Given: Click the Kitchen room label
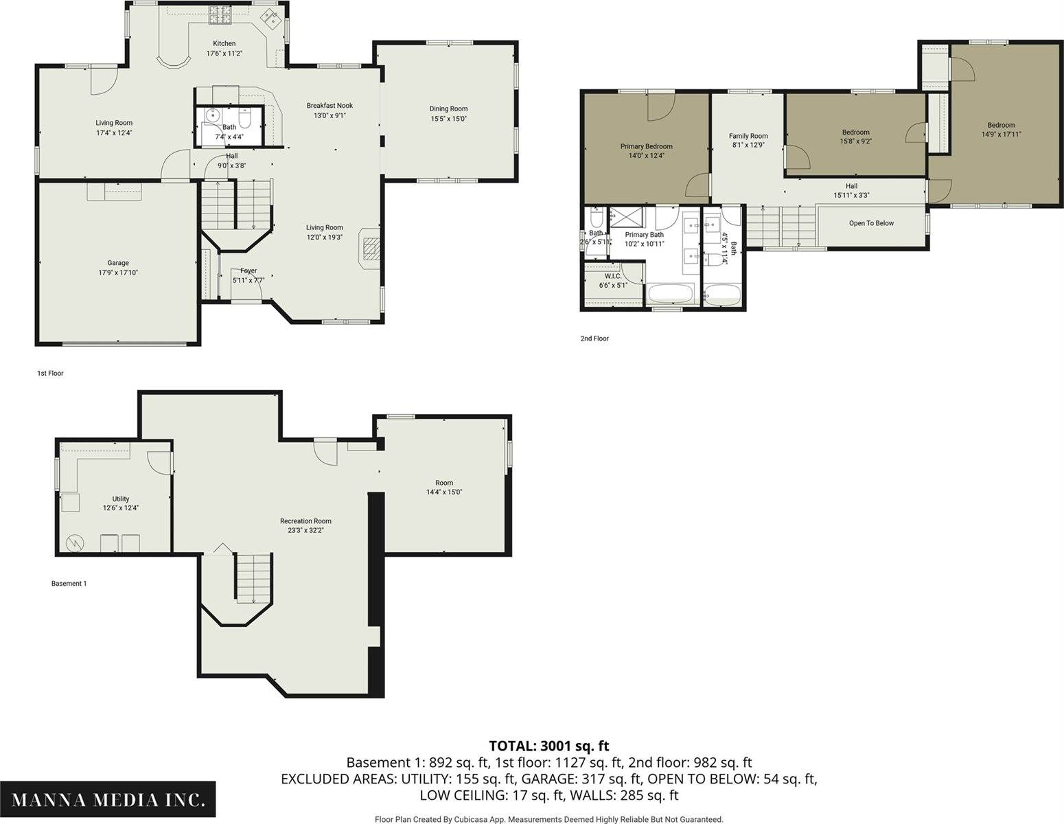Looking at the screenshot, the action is (224, 43).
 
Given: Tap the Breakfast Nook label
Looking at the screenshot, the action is (329, 105).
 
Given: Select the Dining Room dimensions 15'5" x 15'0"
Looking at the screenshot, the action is (448, 119).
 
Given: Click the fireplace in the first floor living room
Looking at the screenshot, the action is (370, 248).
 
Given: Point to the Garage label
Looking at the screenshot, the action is (118, 263).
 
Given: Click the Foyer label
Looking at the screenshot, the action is (248, 271).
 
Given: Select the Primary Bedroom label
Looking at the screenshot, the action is (647, 146).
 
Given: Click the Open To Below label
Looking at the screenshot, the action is (872, 223).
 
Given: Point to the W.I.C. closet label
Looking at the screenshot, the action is (612, 276).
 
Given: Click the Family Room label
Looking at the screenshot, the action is (748, 136).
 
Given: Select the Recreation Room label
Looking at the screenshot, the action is (305, 521).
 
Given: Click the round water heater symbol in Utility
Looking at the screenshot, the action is (75, 542).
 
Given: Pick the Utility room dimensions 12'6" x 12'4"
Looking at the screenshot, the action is (120, 507).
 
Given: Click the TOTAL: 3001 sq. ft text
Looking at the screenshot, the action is (549, 746).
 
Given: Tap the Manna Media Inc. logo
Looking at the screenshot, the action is (108, 799).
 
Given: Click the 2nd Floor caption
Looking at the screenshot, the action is (594, 339).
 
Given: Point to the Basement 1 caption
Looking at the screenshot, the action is (69, 584).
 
